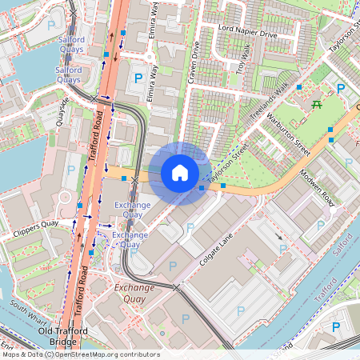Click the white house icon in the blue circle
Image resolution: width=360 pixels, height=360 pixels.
(x=180, y=172)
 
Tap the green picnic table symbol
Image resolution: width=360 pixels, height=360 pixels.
(x=317, y=103)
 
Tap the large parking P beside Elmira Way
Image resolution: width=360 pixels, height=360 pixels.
(x=138, y=78)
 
